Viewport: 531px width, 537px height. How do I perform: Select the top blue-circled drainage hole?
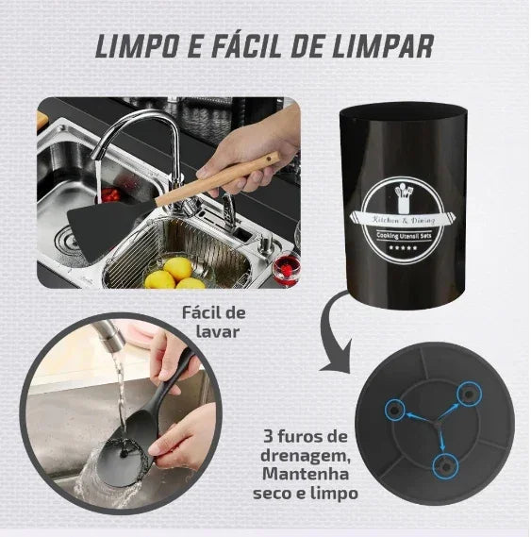click(465, 394)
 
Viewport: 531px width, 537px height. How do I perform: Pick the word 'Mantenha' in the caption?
click(305, 474)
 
